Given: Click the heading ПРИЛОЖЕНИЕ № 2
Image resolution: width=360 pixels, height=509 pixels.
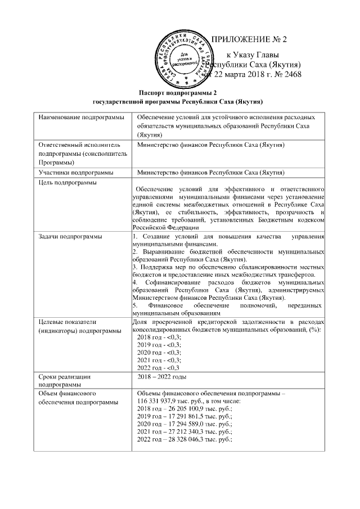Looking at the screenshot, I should point(249,40).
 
